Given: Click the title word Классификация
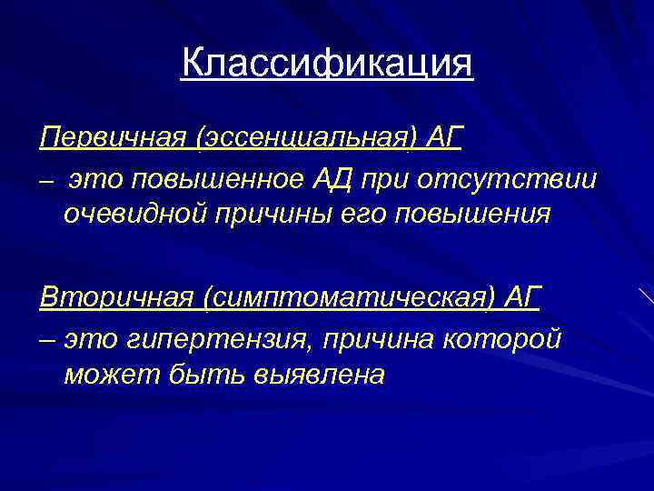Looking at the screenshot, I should click(327, 65).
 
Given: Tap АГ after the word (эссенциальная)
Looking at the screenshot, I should click(443, 139).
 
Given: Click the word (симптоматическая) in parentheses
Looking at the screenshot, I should click(340, 296).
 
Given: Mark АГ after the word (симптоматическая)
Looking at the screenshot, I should click(520, 296).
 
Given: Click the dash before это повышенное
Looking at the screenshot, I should click(47, 181).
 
